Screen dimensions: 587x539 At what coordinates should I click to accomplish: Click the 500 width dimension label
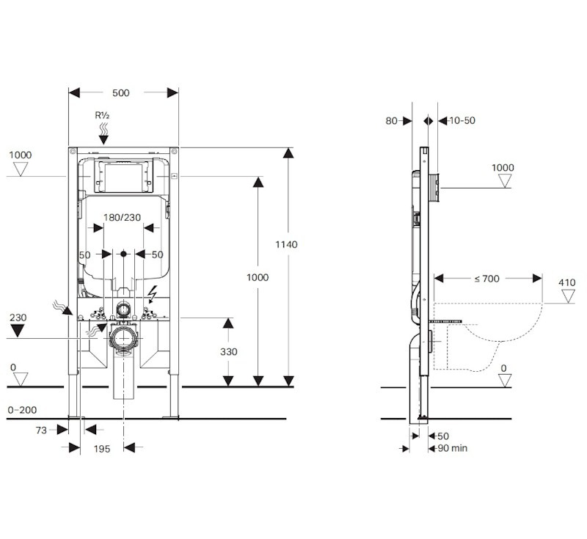click(x=121, y=92)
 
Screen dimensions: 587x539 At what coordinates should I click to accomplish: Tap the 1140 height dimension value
click(x=286, y=245)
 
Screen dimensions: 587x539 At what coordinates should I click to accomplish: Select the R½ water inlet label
click(x=102, y=115)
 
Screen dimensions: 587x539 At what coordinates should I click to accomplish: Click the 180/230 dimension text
click(x=122, y=217)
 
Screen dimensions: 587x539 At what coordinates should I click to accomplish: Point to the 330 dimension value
click(x=229, y=351)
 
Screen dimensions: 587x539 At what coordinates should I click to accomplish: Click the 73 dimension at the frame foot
click(x=41, y=430)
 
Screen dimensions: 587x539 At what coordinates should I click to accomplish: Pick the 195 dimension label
click(x=102, y=449)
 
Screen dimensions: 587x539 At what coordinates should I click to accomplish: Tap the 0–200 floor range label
click(x=23, y=410)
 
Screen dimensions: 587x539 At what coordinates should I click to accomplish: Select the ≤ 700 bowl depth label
click(x=487, y=279)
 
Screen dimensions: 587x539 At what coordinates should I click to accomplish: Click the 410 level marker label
click(x=566, y=283)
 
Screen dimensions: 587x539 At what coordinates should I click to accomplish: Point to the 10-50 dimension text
click(x=462, y=120)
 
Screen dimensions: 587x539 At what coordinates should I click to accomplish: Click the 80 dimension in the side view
click(x=391, y=121)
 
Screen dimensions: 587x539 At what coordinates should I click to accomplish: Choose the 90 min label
click(x=453, y=448)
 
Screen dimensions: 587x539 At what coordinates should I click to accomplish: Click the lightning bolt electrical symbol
click(x=153, y=294)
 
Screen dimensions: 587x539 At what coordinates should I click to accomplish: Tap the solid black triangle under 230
click(x=17, y=330)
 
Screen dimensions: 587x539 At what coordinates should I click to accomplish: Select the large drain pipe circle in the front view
click(x=123, y=338)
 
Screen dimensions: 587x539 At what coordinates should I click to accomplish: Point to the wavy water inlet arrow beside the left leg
click(x=62, y=307)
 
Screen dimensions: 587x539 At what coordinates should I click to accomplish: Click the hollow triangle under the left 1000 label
click(x=21, y=169)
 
